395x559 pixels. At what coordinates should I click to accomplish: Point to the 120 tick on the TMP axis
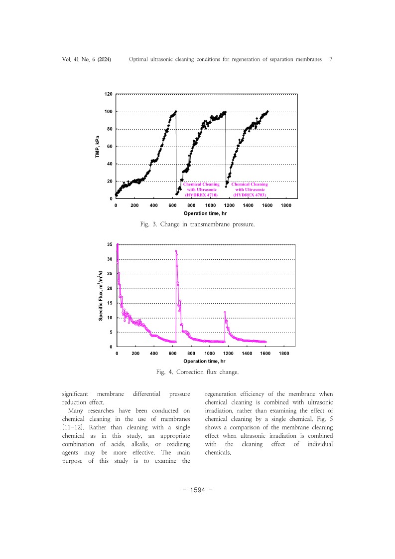pos(108,94)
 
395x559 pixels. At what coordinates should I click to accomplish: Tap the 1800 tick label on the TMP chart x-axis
pos(286,205)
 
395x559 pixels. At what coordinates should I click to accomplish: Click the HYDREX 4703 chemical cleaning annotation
pos(250,189)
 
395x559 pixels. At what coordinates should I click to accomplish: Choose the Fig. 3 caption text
pos(198,225)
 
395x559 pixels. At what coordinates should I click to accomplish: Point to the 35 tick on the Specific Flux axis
pos(110,244)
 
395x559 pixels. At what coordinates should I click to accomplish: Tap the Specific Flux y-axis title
pos(101,295)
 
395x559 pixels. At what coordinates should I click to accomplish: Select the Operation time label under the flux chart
pos(204,361)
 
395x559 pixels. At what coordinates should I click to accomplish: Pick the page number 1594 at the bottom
pos(198,489)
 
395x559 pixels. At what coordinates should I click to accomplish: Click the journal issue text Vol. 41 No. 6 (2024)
pos(86,59)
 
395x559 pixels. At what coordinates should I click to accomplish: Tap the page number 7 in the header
pos(331,59)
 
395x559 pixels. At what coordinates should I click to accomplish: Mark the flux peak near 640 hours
pos(176,251)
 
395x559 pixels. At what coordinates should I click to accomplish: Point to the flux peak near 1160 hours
pos(225,312)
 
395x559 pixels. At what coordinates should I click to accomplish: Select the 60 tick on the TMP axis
pos(110,147)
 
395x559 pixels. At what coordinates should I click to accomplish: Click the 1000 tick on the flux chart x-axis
pos(209,353)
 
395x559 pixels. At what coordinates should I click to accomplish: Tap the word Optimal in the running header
pos(140,59)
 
